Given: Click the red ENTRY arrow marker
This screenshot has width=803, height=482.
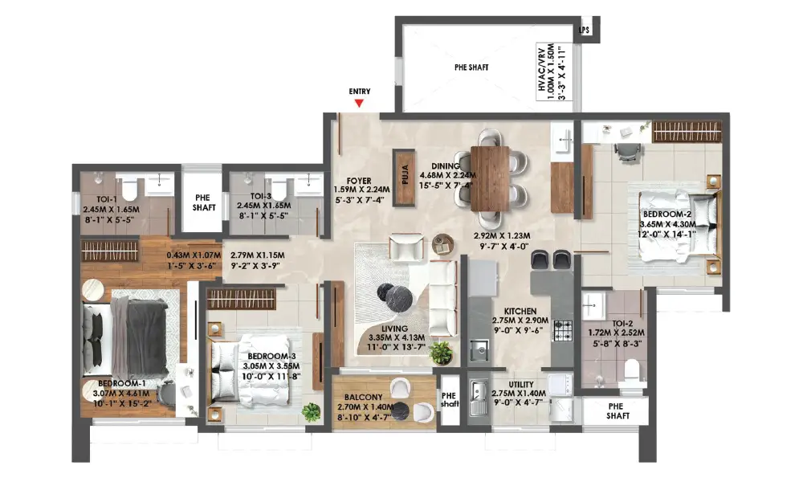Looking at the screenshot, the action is pos(360,103).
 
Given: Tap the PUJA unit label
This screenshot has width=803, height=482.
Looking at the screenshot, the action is pos(405,174).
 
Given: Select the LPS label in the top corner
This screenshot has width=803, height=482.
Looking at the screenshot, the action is pos(585,31).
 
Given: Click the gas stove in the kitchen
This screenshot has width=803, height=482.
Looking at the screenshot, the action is pos(562,330).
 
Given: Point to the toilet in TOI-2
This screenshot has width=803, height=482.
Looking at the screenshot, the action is pos(633,370).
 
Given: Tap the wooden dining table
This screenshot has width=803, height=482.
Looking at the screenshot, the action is pos(490,178).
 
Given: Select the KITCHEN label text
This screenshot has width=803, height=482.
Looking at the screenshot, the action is pos(520,311).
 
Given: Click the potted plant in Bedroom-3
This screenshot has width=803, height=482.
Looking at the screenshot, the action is pos(311,412).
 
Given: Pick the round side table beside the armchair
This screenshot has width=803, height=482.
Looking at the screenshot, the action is pos(443,244).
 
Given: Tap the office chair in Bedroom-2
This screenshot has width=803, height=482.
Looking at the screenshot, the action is pos(626,152).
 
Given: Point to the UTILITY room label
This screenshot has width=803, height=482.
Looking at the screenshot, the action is pos(521,384).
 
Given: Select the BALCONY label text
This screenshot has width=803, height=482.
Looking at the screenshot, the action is pos(363,397).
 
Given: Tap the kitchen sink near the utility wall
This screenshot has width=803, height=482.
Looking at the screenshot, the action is pos(479,350).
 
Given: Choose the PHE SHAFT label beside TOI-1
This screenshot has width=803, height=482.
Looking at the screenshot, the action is pos(203,202).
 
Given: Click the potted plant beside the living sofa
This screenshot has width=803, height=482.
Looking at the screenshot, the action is pos(441,353).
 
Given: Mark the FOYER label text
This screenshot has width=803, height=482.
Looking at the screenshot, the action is pos(359,181).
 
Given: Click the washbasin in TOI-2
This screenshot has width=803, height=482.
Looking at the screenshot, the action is pos(593,306).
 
